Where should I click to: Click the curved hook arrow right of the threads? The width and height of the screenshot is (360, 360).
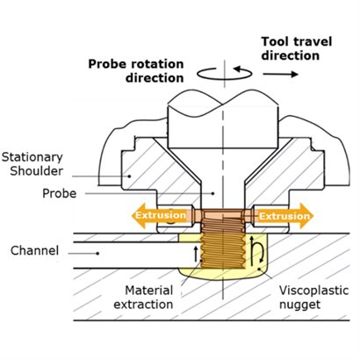click(257, 253)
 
